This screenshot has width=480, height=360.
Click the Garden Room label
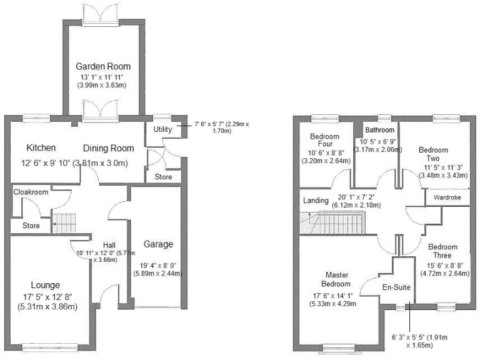94,66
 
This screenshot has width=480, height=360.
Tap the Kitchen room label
41,148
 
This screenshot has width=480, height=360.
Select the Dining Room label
109,148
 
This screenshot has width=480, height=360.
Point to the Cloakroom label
31,192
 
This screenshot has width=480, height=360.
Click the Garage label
158,244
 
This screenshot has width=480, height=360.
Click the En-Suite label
397,288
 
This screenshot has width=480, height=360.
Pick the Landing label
316,201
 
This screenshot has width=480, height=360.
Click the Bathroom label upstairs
380,130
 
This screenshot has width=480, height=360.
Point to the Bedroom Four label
324,141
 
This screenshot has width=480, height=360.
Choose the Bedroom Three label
443,251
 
